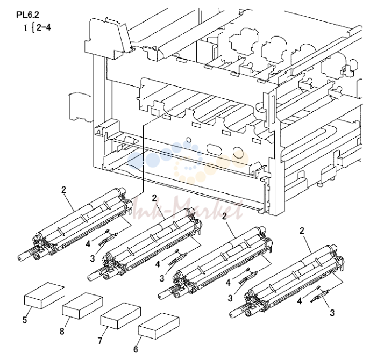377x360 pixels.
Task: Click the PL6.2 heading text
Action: [27, 15]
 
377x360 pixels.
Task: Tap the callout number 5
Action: [25, 320]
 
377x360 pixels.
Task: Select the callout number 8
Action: [62, 331]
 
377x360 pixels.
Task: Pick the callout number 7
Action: [100, 340]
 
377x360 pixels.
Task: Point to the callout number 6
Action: [136, 349]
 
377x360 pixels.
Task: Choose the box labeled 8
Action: [82, 306]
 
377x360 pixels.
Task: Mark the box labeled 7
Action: [120, 316]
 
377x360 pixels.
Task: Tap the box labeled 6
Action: [159, 326]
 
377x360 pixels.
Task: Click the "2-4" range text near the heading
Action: [44, 28]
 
